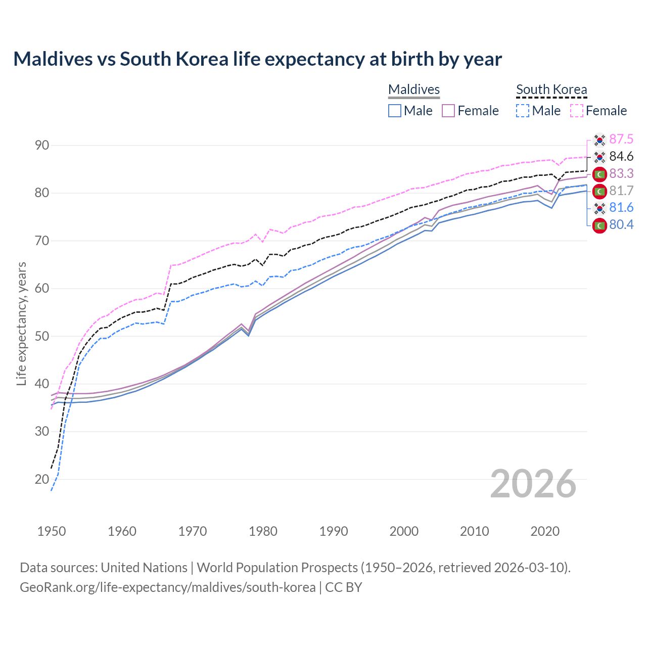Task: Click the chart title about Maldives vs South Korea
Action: [257, 59]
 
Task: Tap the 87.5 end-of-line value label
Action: [621, 139]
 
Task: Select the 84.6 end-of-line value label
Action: [621, 156]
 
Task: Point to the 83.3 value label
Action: [621, 173]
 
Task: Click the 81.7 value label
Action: [621, 191]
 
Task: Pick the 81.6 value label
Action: [621, 208]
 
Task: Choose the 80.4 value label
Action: [621, 225]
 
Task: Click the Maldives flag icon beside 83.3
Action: [599, 174]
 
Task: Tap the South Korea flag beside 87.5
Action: [599, 140]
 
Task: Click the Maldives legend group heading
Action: [414, 89]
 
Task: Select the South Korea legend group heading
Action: [551, 89]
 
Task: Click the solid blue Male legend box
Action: [395, 111]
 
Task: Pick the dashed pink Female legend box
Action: [577, 111]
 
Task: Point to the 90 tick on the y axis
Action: [42, 146]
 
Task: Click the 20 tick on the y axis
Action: [42, 479]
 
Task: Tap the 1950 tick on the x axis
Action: [52, 531]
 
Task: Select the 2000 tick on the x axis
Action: [404, 531]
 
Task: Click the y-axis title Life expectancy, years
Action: [21, 323]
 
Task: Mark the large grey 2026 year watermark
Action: [533, 484]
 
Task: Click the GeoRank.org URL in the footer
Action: [167, 587]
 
